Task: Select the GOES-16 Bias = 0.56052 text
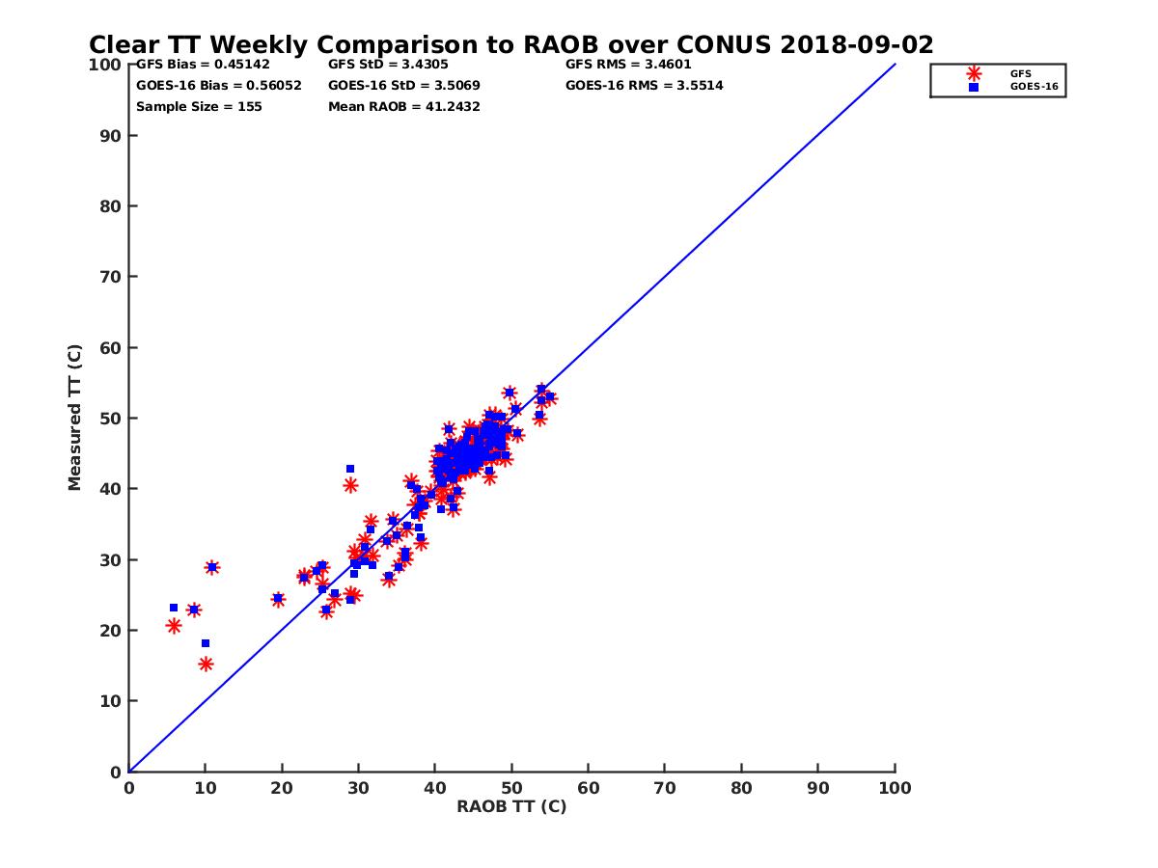pyautogui.click(x=218, y=85)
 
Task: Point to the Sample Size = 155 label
pyautogui.click(x=199, y=106)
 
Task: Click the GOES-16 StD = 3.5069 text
pyautogui.click(x=404, y=85)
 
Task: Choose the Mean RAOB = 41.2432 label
pyautogui.click(x=404, y=106)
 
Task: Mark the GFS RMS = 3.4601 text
pyautogui.click(x=628, y=65)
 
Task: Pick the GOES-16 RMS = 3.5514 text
pyautogui.click(x=645, y=85)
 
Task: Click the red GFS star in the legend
pyautogui.click(x=974, y=73)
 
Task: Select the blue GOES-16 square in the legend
pyautogui.click(x=974, y=87)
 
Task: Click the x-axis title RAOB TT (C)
pyautogui.click(x=511, y=806)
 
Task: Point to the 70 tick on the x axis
pyautogui.click(x=665, y=787)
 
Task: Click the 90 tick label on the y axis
pyautogui.click(x=111, y=135)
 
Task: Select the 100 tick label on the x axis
pyautogui.click(x=895, y=787)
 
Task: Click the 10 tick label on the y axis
pyautogui.click(x=111, y=701)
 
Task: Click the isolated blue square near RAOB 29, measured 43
pyautogui.click(x=350, y=469)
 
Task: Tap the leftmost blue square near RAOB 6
pyautogui.click(x=174, y=608)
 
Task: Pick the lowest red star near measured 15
pyautogui.click(x=206, y=664)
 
